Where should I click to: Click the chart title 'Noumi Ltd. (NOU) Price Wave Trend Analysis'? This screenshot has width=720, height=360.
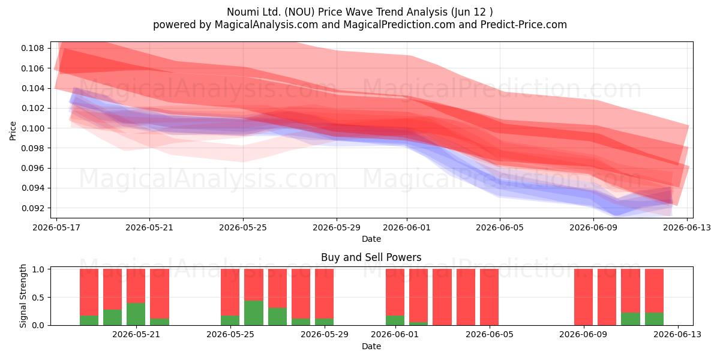pos(337,12)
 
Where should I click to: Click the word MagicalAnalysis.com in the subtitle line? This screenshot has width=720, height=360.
pos(266,25)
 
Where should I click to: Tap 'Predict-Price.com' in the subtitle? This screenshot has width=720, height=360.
pos(524,25)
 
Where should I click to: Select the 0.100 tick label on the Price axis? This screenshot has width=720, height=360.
pos(32,128)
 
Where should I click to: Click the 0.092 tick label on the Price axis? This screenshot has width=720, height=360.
pos(32,208)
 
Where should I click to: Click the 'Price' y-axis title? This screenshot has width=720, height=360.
pos(13,131)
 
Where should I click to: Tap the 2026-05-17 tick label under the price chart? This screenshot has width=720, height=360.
pos(56,227)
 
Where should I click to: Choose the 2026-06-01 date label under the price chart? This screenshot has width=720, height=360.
pos(407,227)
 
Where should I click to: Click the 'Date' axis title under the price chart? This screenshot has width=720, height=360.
pos(371,239)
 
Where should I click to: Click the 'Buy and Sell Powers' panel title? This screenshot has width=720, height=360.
pos(371,257)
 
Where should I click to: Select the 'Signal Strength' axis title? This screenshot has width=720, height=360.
pos(23,296)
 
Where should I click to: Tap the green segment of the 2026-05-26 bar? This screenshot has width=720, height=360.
pos(254,313)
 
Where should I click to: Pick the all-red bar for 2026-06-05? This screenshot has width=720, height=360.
pos(489,297)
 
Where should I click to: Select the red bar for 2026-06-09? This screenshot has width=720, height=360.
pos(583,297)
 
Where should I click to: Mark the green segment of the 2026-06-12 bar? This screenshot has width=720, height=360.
pos(654,319)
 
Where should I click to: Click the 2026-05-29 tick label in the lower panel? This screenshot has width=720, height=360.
pos(325,335)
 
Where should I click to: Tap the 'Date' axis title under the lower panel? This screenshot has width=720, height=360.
pos(371,346)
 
